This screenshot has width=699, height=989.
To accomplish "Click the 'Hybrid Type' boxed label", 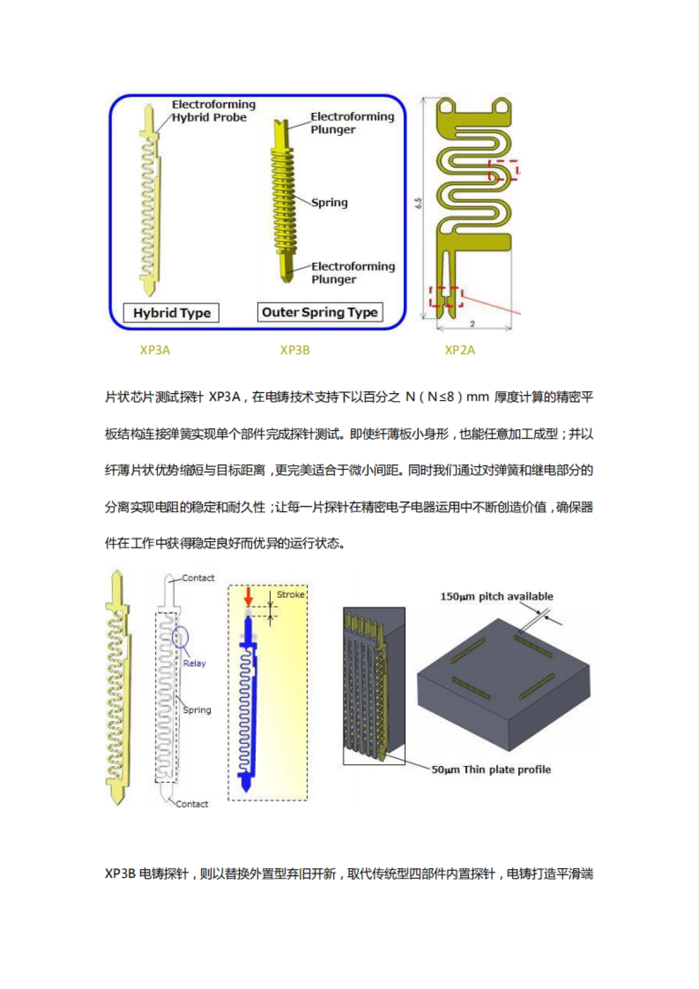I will pyautogui.click(x=172, y=313).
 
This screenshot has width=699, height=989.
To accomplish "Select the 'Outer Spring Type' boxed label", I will pyautogui.click(x=320, y=312).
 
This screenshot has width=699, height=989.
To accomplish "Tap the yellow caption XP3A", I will pyautogui.click(x=155, y=350).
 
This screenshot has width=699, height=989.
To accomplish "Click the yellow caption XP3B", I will pyautogui.click(x=295, y=350).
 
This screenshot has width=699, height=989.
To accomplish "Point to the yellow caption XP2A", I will pyautogui.click(x=460, y=350).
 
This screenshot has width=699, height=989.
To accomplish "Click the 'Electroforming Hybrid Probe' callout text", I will pyautogui.click(x=213, y=111).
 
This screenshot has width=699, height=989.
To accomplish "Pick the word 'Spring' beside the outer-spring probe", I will pyautogui.click(x=329, y=203).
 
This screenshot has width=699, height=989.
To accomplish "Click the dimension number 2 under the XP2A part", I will pyautogui.click(x=472, y=323).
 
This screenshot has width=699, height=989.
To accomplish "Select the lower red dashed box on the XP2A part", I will pyautogui.click(x=446, y=296).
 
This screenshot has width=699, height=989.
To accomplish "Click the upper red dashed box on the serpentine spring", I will pyautogui.click(x=504, y=170).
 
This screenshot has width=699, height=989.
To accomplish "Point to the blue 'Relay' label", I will pyautogui.click(x=195, y=663).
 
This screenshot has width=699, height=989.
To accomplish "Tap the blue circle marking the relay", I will pyautogui.click(x=180, y=637).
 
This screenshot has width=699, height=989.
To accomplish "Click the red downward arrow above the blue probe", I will pyautogui.click(x=249, y=596).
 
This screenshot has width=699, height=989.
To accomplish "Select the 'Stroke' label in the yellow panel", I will pyautogui.click(x=291, y=594).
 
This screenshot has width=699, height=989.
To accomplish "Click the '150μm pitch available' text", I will pyautogui.click(x=496, y=596).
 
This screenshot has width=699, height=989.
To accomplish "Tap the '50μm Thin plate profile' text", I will pyautogui.click(x=490, y=769).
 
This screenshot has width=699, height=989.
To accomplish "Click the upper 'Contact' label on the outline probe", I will pyautogui.click(x=198, y=578).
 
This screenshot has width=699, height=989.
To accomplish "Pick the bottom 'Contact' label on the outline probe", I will pyautogui.click(x=192, y=804).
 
